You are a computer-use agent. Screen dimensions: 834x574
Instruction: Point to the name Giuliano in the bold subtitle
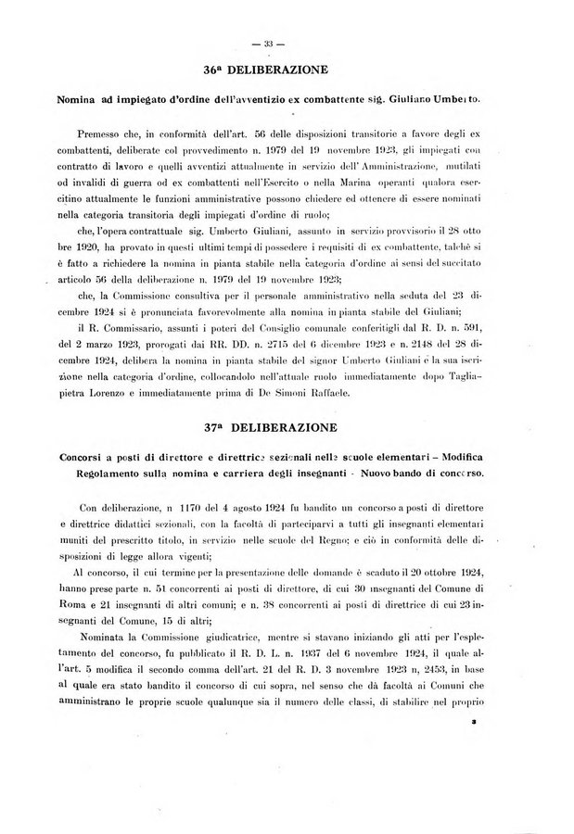click(433, 97)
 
